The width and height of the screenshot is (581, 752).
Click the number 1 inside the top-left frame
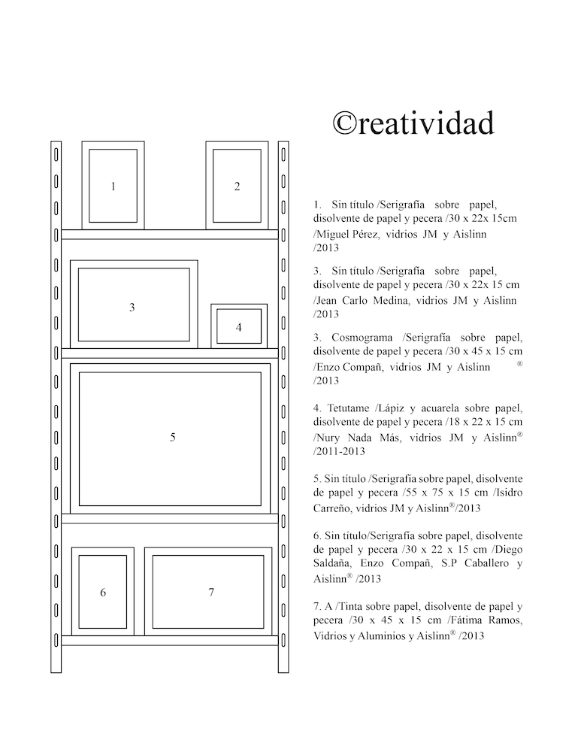(x=113, y=186)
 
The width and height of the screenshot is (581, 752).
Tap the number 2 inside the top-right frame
(x=238, y=186)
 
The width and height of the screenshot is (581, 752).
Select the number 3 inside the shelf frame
(x=132, y=307)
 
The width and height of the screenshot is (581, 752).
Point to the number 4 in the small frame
(x=239, y=327)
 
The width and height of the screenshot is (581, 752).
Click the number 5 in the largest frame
(x=173, y=437)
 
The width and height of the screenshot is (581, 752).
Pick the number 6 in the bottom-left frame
(x=103, y=593)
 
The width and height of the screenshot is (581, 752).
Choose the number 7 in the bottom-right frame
(x=211, y=593)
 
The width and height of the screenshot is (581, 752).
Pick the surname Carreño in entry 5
(x=336, y=508)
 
